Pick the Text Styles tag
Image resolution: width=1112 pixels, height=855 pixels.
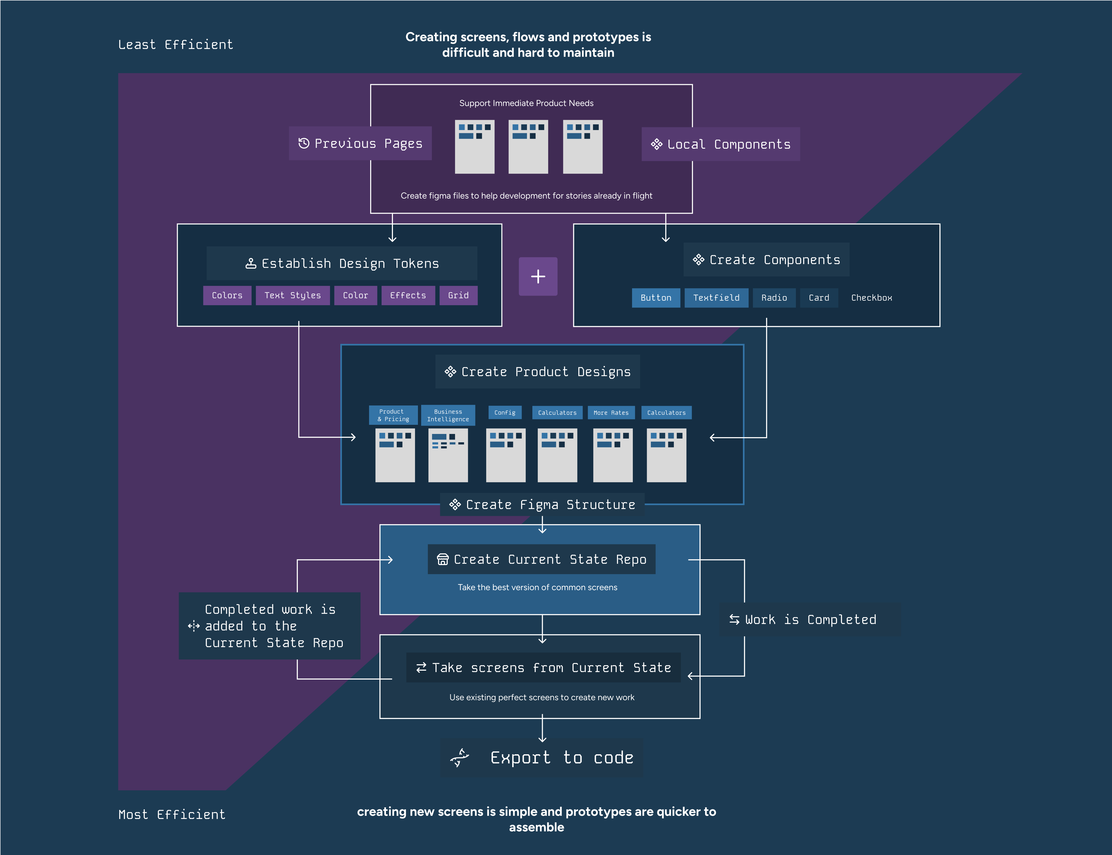coord(293,296)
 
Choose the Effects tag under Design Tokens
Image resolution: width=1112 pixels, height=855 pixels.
coord(408,296)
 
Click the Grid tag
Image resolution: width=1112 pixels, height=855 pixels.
coord(458,296)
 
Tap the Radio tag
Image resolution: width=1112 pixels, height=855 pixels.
coord(774,298)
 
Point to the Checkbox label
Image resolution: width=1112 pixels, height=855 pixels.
coord(871,298)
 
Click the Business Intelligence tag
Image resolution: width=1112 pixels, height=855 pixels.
coord(448,415)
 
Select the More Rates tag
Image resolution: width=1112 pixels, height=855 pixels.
coord(611,413)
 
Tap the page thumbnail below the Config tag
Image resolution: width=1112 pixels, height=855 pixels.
coord(506,455)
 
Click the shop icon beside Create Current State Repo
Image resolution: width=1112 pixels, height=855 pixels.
coord(443,559)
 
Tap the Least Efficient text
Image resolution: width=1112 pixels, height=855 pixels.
coord(175,45)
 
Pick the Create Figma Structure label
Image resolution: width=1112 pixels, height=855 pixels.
coord(542,505)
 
